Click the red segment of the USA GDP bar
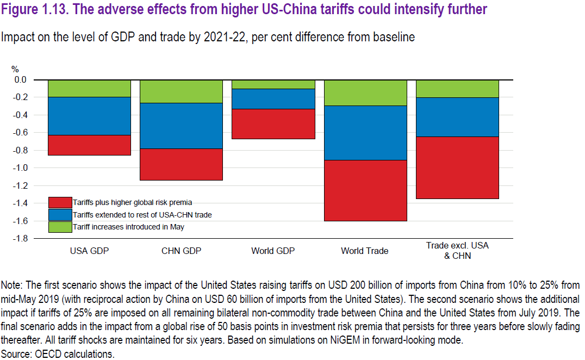(x=89, y=145)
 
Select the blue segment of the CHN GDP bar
(x=182, y=126)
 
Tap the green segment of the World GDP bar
(x=273, y=84)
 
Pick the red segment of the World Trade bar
(x=365, y=190)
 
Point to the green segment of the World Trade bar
(x=365, y=92)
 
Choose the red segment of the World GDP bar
(x=273, y=124)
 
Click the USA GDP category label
(x=89, y=251)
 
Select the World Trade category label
(x=365, y=251)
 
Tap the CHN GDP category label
(x=181, y=251)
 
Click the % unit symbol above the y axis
(x=15, y=70)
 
